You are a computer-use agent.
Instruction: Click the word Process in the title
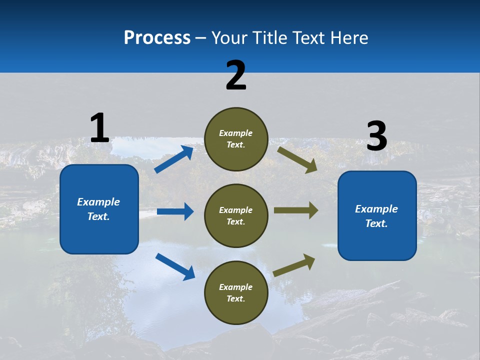tap(157, 38)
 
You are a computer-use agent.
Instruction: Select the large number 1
tap(99, 128)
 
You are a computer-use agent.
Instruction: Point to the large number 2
tap(236, 75)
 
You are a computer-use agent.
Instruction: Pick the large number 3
tap(376, 136)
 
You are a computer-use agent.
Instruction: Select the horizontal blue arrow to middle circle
tap(175, 211)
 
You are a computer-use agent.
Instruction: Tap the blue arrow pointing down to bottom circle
tap(175, 266)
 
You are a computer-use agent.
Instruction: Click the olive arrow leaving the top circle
tap(297, 159)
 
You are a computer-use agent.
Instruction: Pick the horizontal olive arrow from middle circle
tap(296, 210)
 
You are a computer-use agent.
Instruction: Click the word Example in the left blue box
tap(98, 202)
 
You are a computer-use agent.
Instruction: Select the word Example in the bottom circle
tap(236, 287)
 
